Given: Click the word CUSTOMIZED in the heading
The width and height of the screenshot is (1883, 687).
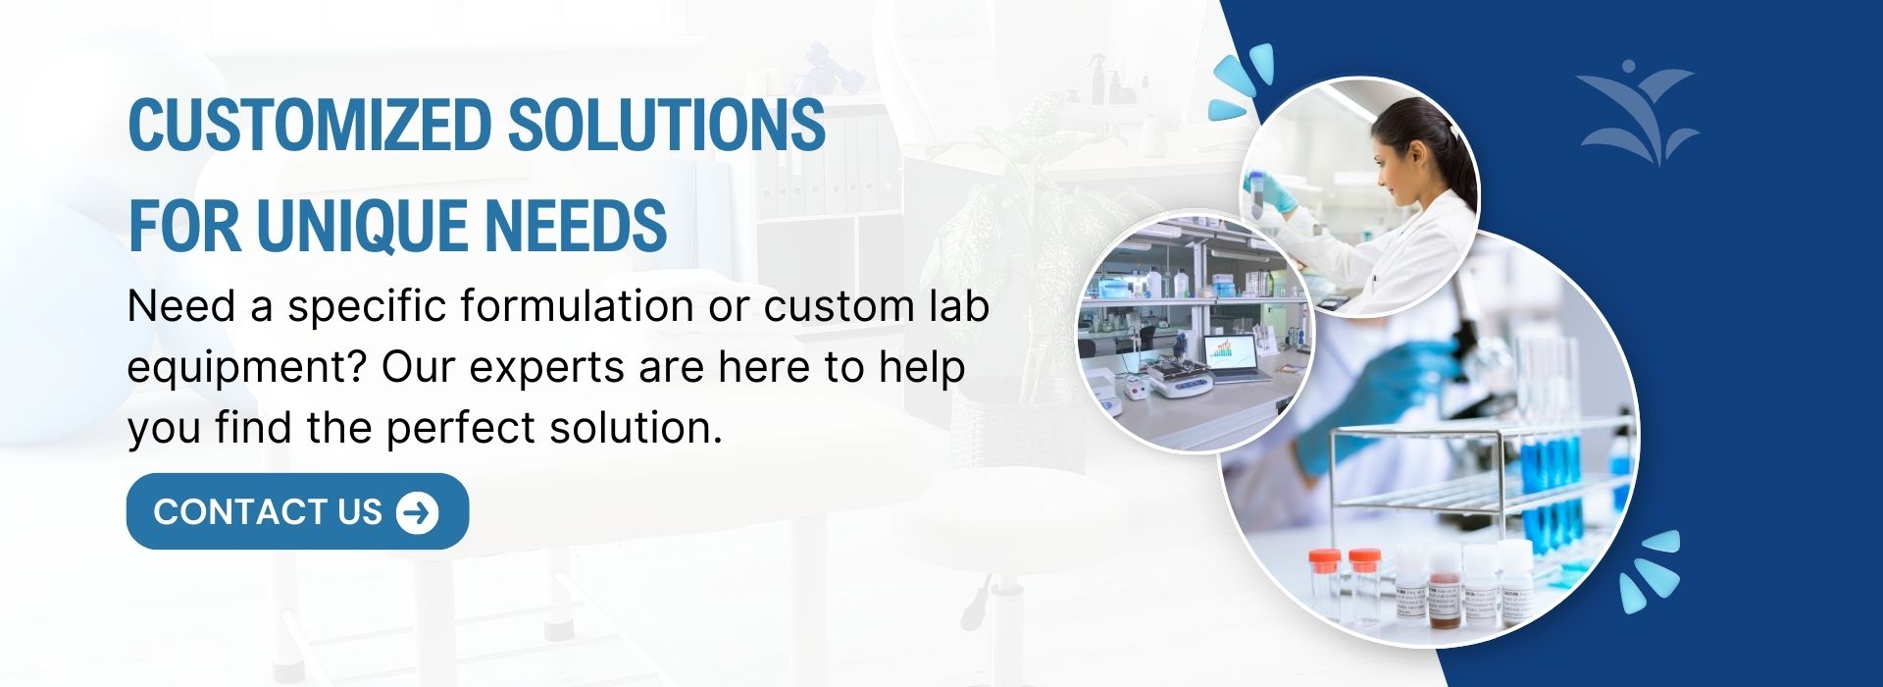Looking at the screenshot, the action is (x=310, y=125).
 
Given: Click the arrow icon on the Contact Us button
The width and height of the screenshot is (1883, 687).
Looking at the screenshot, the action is (x=418, y=511).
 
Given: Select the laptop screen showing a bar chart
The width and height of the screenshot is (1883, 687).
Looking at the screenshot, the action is (x=1232, y=357).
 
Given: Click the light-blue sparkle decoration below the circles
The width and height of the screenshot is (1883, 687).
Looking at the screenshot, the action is (x=1649, y=570).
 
